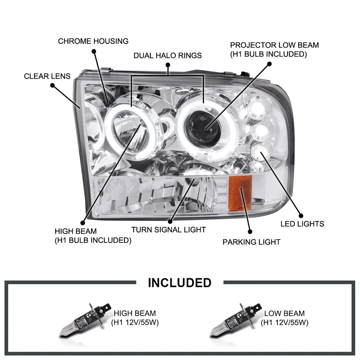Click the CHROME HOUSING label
click(x=93, y=41)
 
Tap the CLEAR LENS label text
click(x=47, y=76)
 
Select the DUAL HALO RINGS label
click(x=168, y=55)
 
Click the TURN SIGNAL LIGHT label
click(x=168, y=229)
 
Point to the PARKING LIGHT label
click(x=251, y=242)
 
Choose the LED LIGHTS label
click(x=302, y=224)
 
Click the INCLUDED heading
click(x=180, y=282)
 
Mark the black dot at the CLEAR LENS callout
click(x=52, y=85)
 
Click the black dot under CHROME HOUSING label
click(x=94, y=50)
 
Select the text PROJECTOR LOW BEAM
click(x=274, y=45)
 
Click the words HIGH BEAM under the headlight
click(x=75, y=231)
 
